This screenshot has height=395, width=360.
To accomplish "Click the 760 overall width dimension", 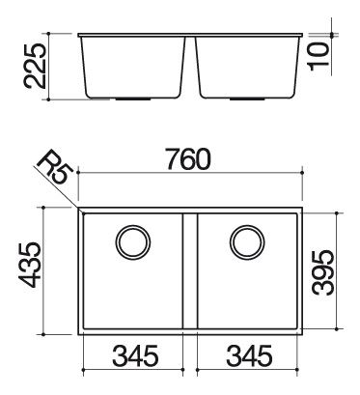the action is pyautogui.click(x=189, y=159).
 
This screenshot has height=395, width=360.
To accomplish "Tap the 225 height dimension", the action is pyautogui.click(x=35, y=67).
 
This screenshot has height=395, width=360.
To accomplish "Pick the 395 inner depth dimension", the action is pyautogui.click(x=323, y=272).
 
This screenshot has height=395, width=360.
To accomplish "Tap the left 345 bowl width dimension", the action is pyautogui.click(x=135, y=355).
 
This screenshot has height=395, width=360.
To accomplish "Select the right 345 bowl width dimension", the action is pyautogui.click(x=249, y=355).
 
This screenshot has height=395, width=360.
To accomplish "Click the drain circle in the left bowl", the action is pyautogui.click(x=133, y=242).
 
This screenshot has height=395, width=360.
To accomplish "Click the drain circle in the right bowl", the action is pyautogui.click(x=247, y=242).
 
